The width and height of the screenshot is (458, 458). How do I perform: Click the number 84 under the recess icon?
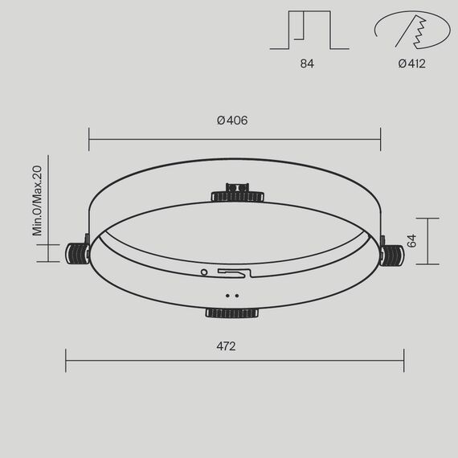point(306,63)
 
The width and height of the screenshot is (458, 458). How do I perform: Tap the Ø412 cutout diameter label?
point(411,63)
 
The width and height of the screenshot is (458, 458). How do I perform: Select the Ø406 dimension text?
point(232,121)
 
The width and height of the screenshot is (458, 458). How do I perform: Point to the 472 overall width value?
point(226,346)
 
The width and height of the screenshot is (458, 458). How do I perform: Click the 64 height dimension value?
point(411,241)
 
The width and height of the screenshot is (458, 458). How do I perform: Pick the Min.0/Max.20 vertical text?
point(37,200)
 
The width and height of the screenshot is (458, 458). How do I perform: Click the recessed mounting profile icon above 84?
point(305,29)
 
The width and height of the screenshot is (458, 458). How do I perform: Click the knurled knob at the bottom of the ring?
point(231,312)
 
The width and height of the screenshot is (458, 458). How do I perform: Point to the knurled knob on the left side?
point(77,252)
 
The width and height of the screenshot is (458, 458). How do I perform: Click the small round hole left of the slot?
point(204,272)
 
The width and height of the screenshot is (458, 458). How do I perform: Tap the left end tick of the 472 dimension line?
point(66,360)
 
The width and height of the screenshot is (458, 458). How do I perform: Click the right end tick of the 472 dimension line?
point(403,360)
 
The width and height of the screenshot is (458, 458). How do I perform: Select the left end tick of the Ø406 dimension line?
point(89,138)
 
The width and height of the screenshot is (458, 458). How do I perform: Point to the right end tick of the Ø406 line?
point(380,138)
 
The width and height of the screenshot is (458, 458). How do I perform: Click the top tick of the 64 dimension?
point(427,218)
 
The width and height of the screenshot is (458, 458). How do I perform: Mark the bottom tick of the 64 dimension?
point(427,264)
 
